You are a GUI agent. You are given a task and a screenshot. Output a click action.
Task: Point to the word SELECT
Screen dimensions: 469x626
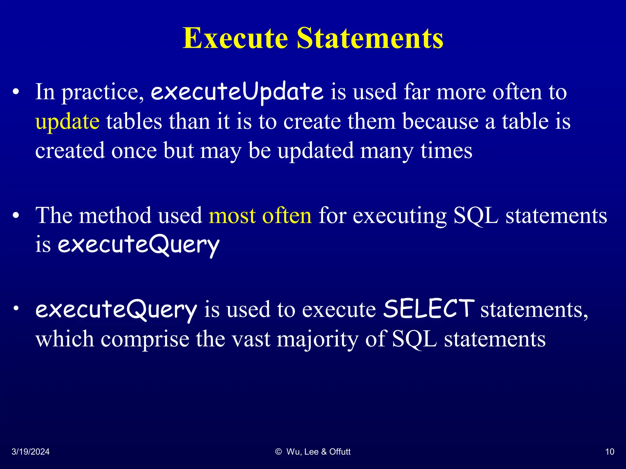(x=429, y=309)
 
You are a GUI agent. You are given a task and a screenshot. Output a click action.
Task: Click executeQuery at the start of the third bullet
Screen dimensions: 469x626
(x=116, y=310)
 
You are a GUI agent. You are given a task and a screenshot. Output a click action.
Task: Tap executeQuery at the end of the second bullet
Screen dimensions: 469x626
(x=138, y=245)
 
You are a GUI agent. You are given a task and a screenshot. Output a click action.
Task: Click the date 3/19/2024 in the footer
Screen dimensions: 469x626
(x=31, y=452)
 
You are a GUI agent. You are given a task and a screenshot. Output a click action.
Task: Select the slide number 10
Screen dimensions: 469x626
(x=609, y=452)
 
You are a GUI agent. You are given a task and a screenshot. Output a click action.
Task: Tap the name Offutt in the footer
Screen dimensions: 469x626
(x=340, y=452)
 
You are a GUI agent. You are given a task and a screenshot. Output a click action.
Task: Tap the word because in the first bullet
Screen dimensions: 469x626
(x=440, y=122)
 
